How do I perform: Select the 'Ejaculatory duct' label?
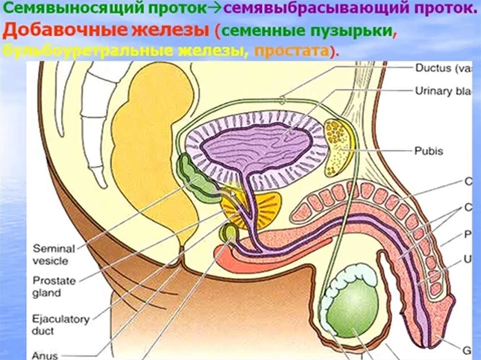tap(61, 325)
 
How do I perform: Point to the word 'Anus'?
tap(44, 355)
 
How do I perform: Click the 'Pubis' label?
tap(428, 151)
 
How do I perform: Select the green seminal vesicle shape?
tap(197, 181)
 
